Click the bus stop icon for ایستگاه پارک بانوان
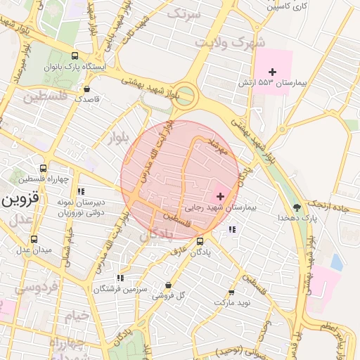(75, 56)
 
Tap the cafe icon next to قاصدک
(86, 89)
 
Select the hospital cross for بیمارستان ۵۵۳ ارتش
(273, 72)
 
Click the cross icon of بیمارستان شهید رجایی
(220, 196)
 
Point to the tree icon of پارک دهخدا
(297, 207)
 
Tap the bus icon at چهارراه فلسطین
(44, 169)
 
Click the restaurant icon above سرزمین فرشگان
(120, 278)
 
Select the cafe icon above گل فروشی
(167, 285)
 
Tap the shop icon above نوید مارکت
(231, 292)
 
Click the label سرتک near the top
(184, 13)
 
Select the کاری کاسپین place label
(288, 6)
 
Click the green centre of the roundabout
(185, 94)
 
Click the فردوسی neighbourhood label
(19, 288)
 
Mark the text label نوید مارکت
(231, 302)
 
